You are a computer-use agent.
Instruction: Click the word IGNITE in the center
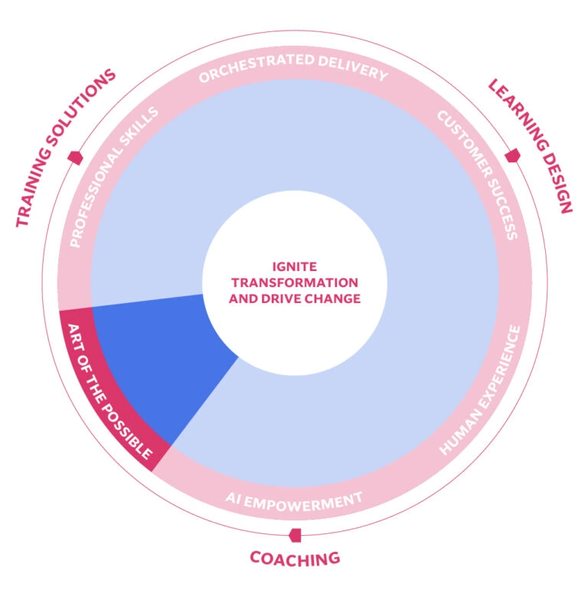[x=295, y=268]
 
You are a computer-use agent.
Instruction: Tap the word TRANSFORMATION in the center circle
[x=295, y=283]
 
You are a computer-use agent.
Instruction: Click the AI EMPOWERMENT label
[x=294, y=501]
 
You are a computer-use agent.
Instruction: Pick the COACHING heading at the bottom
[x=295, y=558]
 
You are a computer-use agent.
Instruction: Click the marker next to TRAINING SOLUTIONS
[x=75, y=158]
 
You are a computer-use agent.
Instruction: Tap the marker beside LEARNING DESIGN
[x=512, y=155]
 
